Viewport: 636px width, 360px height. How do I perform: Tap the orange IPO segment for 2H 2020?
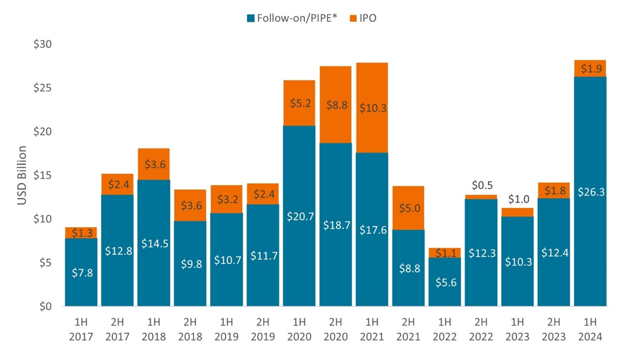(x=335, y=104)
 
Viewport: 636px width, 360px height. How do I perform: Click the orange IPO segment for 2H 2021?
(x=408, y=208)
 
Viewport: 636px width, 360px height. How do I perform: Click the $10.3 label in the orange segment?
(x=372, y=108)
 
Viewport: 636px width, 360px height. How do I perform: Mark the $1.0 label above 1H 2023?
(x=518, y=199)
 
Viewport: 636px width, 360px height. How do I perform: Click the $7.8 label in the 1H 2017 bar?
(x=81, y=273)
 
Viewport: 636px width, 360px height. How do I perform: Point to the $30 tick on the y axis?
(x=42, y=43)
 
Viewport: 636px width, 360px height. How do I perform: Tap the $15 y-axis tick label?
(x=42, y=175)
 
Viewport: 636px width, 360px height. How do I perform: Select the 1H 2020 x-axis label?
(x=299, y=329)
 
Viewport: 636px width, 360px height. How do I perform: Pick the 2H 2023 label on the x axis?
(x=554, y=329)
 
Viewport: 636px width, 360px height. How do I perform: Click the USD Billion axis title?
(x=22, y=175)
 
